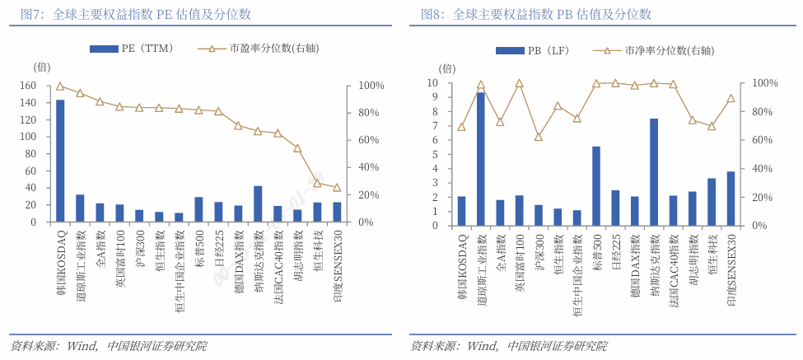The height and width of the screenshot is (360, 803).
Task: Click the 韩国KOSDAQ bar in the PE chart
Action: tap(60, 161)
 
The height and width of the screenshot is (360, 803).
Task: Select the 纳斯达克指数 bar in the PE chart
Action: tap(258, 203)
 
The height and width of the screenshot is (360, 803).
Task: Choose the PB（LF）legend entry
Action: tap(539, 50)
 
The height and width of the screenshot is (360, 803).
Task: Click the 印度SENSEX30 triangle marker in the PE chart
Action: tap(337, 188)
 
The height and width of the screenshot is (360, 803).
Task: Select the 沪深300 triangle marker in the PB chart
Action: tap(539, 137)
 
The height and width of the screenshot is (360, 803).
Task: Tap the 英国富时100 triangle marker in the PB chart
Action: tap(520, 83)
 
